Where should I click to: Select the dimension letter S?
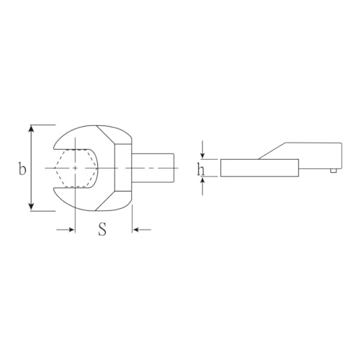coord(102,230)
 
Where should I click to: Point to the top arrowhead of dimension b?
coord(31,128)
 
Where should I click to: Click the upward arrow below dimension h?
coord(204,181)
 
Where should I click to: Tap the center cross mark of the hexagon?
coord(76,167)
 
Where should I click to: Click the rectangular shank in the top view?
coord(154,167)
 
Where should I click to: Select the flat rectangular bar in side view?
coord(259,167)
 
